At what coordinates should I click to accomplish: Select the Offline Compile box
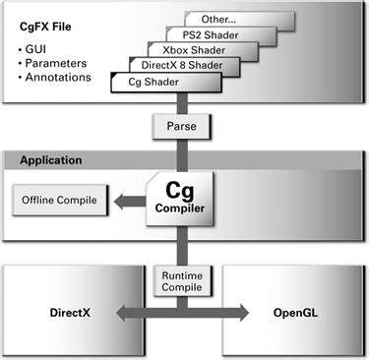tap(58, 201)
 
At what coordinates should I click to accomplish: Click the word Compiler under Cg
tap(177, 209)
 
